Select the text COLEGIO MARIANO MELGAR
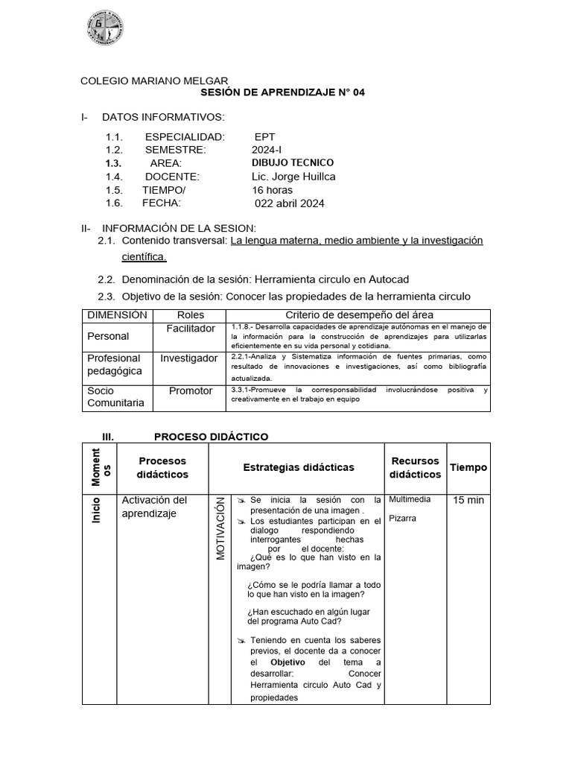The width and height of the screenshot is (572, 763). pos(154,81)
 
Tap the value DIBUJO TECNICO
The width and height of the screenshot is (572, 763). pos(293,163)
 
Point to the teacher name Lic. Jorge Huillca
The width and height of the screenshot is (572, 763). pos(293,177)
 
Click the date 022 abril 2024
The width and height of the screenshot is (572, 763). pos(290,203)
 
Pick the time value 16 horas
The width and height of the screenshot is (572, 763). pos(272,190)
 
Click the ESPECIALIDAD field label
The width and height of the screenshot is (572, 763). pos(184,137)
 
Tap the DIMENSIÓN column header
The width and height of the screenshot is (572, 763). pos(117,315)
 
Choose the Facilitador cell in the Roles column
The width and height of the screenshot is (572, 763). pos(191,329)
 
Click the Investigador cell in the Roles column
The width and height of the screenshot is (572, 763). pos(189,358)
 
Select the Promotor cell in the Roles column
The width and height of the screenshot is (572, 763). pos(191,390)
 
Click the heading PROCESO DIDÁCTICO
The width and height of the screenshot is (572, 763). pos(211,437)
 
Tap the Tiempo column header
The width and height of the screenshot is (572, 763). pos(468,467)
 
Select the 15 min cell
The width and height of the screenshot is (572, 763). pos(468,500)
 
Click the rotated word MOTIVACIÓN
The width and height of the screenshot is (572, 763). pos(220,531)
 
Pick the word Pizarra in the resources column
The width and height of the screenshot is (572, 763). pos(403,518)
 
